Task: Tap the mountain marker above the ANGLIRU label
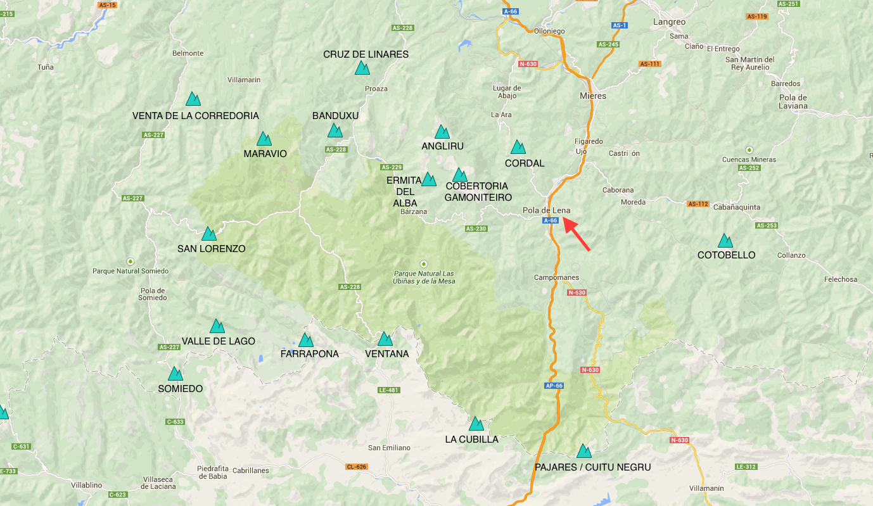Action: point(442,132)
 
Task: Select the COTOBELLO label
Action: point(726,255)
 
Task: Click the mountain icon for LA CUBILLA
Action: point(476,424)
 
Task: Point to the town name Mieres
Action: point(593,96)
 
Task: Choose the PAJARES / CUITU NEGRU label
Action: point(592,467)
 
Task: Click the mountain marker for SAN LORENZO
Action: point(209,234)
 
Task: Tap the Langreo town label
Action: point(669,22)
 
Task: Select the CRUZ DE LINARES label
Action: point(366,54)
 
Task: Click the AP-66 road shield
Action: point(554,386)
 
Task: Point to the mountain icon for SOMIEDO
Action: point(175,374)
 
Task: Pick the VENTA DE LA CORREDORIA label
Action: point(196,116)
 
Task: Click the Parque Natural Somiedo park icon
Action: point(131,261)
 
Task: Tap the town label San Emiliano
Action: point(389,448)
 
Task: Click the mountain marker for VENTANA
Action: point(385,339)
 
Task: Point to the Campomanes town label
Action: point(556,278)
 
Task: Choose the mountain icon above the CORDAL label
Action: point(518,148)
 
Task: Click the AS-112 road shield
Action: point(698,204)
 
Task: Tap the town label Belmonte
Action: point(188,54)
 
